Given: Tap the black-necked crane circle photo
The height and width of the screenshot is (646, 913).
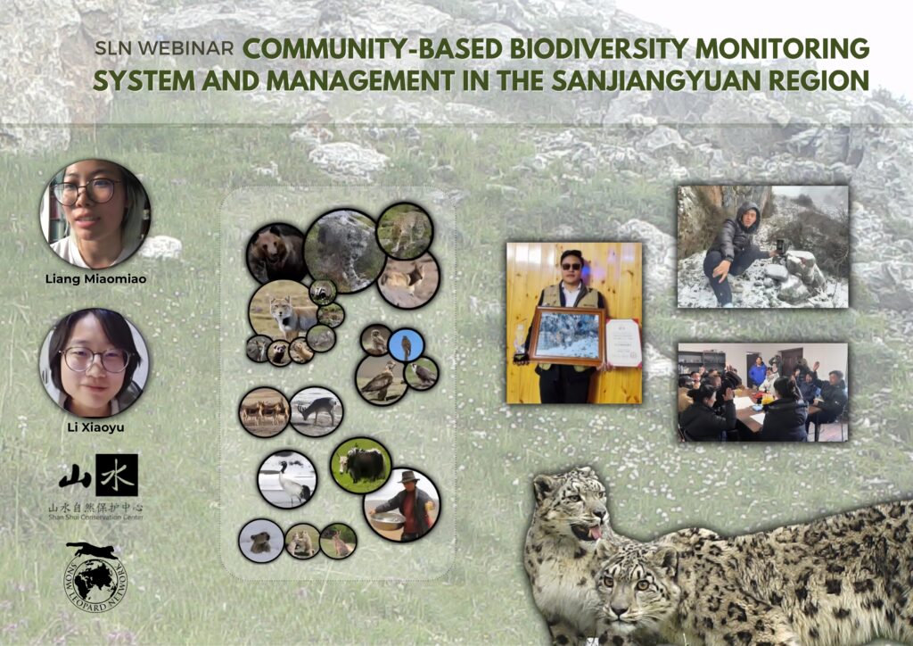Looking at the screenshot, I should click(286, 479).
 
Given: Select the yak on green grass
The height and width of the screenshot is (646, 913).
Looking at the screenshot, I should click(361, 465).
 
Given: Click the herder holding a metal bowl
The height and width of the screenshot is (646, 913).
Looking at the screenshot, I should click(402, 505).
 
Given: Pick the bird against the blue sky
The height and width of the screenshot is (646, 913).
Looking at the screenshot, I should click(406, 344).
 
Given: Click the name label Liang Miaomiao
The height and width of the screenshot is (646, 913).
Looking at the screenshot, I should click(94, 278).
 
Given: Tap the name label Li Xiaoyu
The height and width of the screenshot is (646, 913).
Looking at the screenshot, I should click(94, 427).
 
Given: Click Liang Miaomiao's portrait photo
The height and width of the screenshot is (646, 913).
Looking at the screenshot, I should click(94, 213).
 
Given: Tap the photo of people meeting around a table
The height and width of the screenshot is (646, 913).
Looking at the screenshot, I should click(762, 392).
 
